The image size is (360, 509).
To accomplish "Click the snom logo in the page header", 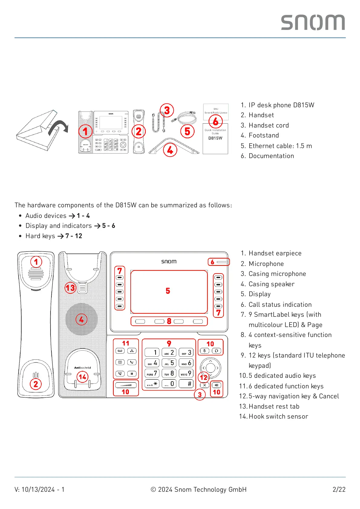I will coord(313,22).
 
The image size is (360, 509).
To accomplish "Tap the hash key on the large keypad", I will coord(186,384).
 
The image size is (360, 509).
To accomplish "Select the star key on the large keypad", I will coord(152,384).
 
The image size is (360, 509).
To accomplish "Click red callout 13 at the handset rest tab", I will coord(70,287).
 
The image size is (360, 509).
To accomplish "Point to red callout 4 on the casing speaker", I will coord(81,319).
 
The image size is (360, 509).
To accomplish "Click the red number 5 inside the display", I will coord(168,291).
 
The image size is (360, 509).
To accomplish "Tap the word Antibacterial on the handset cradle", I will coord(83,368).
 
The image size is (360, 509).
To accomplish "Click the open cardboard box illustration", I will coord(39,131).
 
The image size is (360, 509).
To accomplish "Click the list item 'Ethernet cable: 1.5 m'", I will coord(280,146).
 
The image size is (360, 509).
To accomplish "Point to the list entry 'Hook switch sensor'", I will coord(278,416).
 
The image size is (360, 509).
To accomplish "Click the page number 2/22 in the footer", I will coord(339,489).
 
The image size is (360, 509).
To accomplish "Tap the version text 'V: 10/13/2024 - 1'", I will coord(39,489).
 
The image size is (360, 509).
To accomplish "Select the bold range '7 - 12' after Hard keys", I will coord(74,236).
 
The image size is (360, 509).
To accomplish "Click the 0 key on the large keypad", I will coord(169,384).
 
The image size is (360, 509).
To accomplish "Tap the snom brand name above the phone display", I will coord(169,261).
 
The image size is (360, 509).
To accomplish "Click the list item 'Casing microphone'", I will coord(277,274).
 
